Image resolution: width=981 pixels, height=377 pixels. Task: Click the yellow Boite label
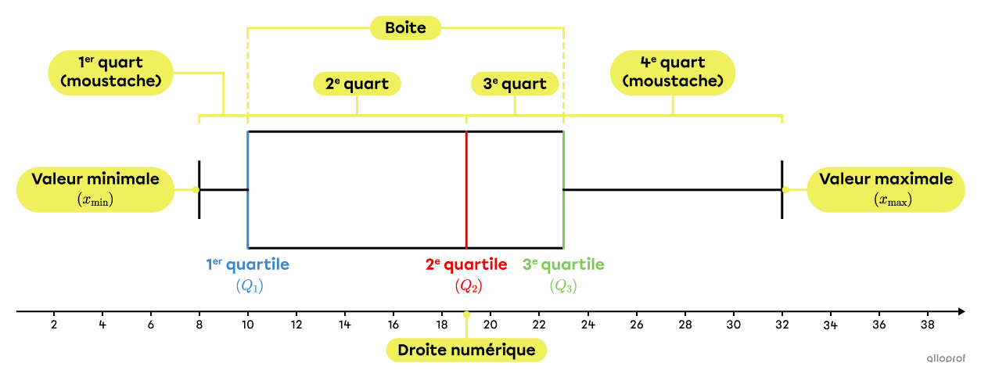(405, 28)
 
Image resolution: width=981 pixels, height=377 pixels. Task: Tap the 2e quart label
(357, 84)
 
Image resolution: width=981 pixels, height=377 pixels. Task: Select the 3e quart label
(515, 84)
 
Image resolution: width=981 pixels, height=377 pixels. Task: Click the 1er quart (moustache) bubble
(110, 72)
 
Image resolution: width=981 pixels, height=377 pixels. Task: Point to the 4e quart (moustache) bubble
(672, 72)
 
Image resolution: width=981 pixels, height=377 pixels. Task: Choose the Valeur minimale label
(95, 188)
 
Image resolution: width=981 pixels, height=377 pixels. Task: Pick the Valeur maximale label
(886, 188)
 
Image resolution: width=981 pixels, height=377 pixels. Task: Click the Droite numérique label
(466, 350)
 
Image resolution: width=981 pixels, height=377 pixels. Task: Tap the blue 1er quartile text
(248, 264)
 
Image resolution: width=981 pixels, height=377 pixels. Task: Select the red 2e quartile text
(466, 264)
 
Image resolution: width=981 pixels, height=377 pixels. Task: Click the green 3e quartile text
(563, 264)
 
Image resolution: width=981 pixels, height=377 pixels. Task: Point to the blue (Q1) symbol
(250, 286)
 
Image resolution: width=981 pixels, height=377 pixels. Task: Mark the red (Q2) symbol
(468, 286)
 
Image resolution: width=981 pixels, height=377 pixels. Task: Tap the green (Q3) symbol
(563, 286)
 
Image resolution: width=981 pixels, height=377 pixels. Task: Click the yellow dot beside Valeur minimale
(196, 189)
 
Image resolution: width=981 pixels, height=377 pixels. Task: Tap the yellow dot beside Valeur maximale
(785, 189)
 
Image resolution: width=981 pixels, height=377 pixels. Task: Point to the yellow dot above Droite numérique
(466, 314)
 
